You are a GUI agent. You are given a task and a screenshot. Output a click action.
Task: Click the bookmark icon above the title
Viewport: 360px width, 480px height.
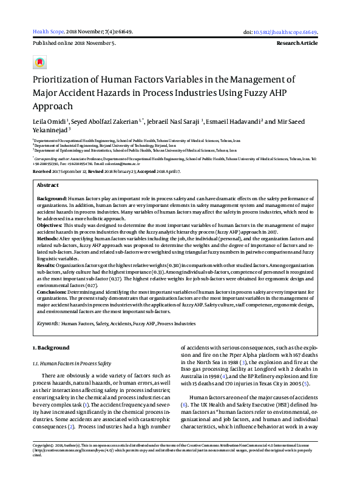39,62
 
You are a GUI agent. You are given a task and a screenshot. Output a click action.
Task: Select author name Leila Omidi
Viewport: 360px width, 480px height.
49,121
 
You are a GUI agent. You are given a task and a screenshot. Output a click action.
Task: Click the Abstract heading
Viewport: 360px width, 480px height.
48,184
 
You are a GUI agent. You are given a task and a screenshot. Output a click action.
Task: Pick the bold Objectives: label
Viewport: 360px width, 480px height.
50,224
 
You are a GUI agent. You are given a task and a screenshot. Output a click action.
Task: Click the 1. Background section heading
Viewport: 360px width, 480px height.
51,348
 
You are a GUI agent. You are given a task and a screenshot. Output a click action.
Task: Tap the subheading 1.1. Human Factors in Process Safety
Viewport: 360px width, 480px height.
71,363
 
